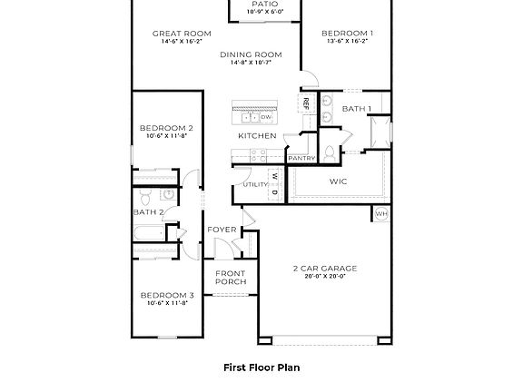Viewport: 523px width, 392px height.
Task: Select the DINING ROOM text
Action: (x=251, y=54)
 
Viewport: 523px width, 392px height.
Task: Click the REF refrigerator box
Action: (x=306, y=103)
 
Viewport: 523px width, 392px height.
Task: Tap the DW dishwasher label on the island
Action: (x=266, y=117)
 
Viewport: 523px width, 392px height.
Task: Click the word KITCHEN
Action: (x=257, y=136)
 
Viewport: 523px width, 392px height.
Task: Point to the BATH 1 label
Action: (x=356, y=109)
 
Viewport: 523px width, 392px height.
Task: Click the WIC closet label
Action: (x=339, y=181)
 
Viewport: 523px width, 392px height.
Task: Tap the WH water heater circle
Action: (x=380, y=214)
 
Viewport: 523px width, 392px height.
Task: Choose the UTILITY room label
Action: (x=254, y=185)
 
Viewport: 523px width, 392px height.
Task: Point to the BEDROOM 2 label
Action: (x=165, y=129)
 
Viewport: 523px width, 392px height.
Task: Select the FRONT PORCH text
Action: (x=231, y=278)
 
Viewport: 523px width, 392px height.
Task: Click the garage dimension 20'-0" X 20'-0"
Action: (x=324, y=277)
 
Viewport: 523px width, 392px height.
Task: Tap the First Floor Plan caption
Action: (x=261, y=368)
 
